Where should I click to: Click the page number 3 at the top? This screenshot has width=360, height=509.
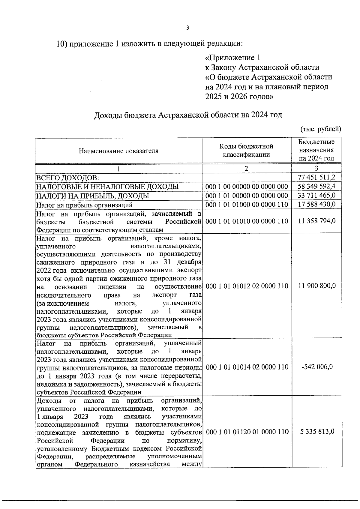coord(187,28)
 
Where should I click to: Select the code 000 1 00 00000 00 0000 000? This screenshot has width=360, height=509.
coord(247,187)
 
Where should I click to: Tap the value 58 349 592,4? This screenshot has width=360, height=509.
coord(316,187)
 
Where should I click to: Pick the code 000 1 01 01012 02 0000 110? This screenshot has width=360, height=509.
coord(247,286)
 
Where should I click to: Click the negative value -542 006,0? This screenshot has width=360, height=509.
coord(316,367)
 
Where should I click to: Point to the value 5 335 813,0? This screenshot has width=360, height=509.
coord(316,432)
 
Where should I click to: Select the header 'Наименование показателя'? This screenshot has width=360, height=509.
coord(118,151)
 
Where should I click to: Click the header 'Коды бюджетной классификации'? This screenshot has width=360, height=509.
coord(246,151)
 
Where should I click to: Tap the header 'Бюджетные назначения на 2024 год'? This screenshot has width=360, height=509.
coord(316,150)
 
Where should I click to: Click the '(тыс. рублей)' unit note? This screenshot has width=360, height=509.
coord(321,129)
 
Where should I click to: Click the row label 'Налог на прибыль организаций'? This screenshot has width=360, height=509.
coord(84,205)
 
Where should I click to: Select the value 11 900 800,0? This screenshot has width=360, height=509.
coord(316,286)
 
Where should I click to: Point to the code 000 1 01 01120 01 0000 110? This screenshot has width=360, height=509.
coord(247,432)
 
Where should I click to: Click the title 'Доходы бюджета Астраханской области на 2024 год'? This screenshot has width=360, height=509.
coord(188,115)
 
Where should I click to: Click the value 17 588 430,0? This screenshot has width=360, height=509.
coord(316,205)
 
